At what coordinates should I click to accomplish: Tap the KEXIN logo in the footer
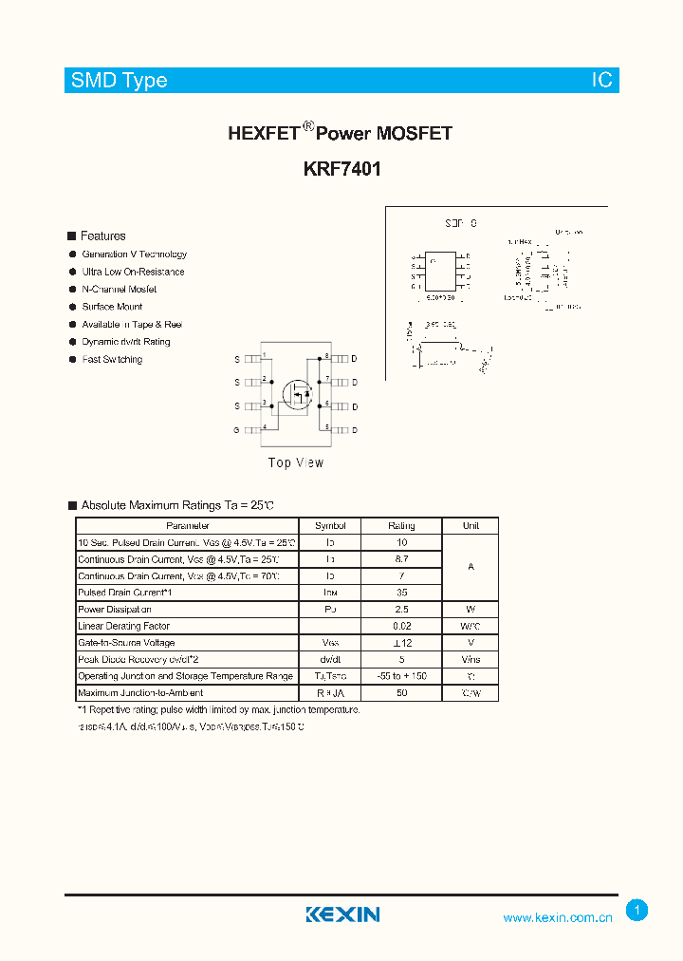[342, 914]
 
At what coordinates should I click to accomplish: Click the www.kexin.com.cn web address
[557, 917]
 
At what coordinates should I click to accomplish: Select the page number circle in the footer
[637, 911]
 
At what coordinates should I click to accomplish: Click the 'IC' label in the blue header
[602, 81]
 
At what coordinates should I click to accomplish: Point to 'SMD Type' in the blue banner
[120, 81]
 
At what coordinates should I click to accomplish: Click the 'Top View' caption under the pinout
[296, 462]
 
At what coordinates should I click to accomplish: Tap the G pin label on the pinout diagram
[237, 430]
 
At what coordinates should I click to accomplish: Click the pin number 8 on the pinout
[326, 356]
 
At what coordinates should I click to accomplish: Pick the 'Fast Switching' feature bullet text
[112, 359]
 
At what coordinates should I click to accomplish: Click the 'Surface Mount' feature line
[112, 307]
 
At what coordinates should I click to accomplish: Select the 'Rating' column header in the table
[401, 525]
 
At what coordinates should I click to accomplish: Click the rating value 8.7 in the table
[401, 559]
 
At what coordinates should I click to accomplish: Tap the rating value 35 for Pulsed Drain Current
[401, 593]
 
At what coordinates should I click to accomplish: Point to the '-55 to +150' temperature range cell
[401, 676]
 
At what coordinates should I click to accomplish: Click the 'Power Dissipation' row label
[110, 610]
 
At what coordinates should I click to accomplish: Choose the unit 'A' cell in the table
[471, 567]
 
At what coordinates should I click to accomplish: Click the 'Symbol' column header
[330, 525]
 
